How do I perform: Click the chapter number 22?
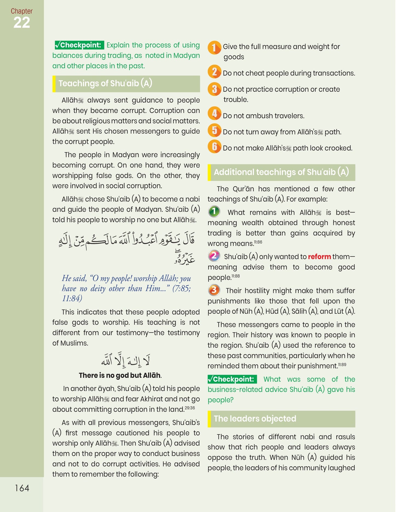point(22,23)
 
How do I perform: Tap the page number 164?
point(22,488)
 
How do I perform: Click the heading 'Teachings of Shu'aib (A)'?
point(105,83)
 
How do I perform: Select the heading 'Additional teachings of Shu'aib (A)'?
point(281,172)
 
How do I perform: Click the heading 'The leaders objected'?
point(255,419)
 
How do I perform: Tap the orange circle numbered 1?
point(214,47)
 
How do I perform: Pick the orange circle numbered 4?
point(214,113)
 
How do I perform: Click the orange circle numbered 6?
point(214,147)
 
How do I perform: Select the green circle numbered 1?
point(214,211)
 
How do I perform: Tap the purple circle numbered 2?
point(214,256)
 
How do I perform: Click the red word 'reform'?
point(319,257)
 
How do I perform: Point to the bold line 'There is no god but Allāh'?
point(120,375)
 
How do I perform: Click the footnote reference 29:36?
point(190,408)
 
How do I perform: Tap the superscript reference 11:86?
point(258,242)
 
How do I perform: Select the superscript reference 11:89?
point(342,365)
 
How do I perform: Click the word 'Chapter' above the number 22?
point(22,11)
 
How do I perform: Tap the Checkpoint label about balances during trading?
point(79,45)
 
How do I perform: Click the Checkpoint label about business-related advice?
point(232,379)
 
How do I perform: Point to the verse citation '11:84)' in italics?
point(72,298)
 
